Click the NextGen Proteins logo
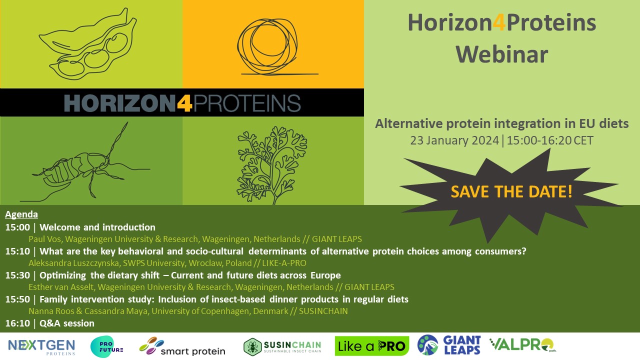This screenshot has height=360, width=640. [x=41, y=346]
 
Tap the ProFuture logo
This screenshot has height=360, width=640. [x=106, y=345]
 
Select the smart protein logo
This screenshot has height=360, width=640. [x=182, y=346]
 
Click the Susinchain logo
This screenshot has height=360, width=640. [x=282, y=346]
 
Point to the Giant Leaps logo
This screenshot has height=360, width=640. [x=449, y=345]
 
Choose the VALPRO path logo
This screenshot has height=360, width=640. [x=522, y=345]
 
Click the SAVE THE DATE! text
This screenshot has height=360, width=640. [x=511, y=191]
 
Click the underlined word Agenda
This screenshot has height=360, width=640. [x=21, y=214]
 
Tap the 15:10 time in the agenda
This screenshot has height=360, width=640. [x=18, y=251]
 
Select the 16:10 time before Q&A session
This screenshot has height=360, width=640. [x=18, y=323]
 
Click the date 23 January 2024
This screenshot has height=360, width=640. [x=454, y=140]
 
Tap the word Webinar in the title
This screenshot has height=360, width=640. [x=501, y=54]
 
